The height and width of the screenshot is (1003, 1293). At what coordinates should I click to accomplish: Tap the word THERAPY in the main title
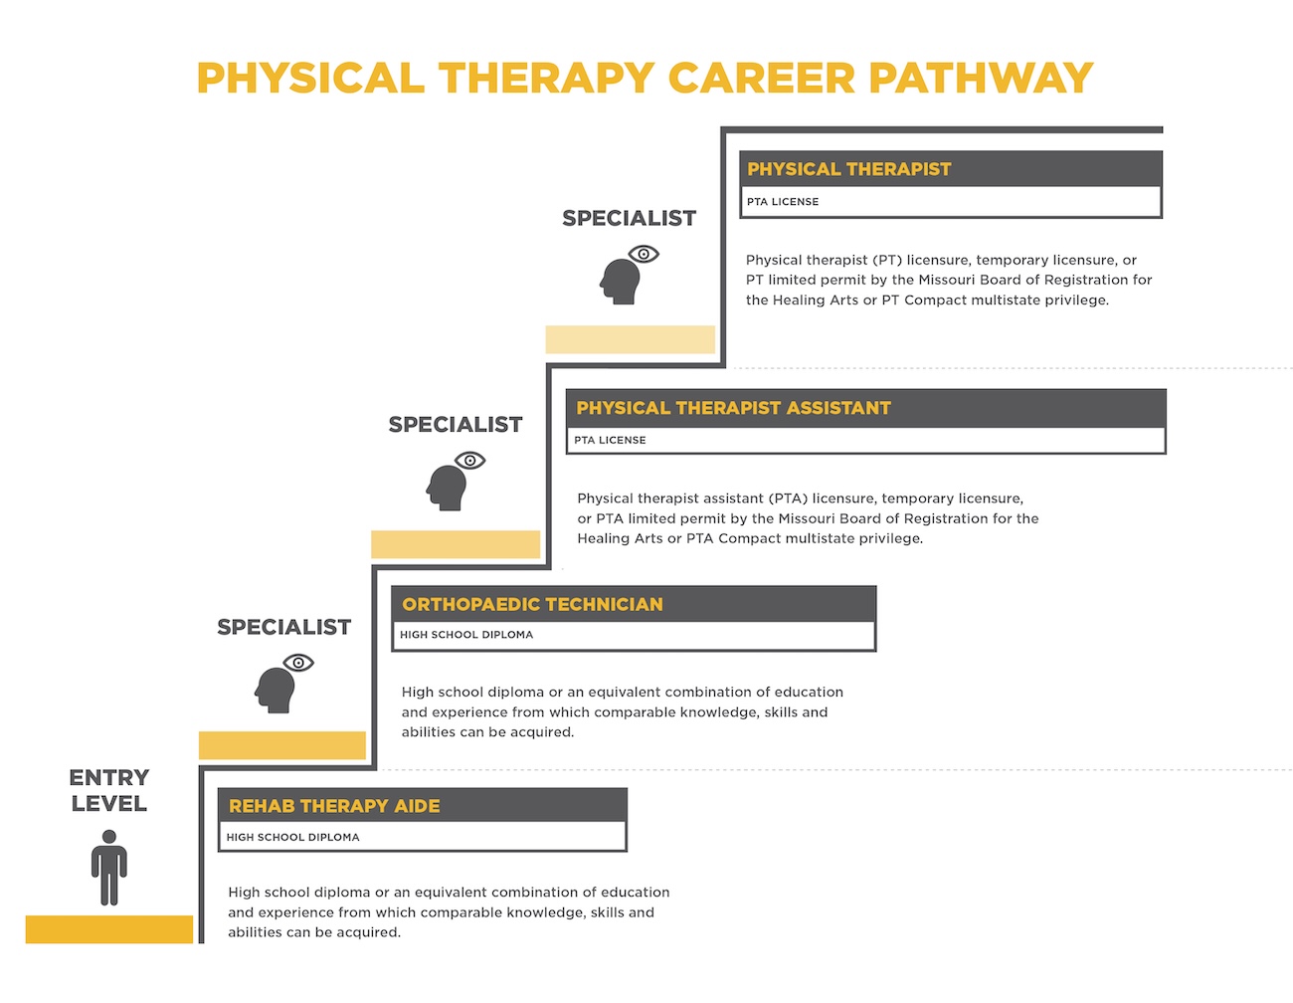click(546, 79)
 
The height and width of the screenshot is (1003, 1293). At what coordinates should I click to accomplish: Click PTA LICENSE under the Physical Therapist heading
click(783, 202)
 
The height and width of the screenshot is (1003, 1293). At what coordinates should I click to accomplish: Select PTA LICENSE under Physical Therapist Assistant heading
click(610, 440)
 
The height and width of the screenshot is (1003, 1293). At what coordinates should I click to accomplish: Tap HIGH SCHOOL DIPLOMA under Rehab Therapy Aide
click(292, 837)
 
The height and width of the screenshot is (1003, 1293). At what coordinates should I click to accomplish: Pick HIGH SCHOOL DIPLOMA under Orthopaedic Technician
click(466, 635)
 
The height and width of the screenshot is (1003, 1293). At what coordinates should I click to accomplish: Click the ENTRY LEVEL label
click(109, 790)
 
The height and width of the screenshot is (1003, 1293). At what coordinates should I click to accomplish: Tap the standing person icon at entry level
click(109, 867)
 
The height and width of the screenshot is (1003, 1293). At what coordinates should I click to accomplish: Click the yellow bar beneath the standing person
click(109, 928)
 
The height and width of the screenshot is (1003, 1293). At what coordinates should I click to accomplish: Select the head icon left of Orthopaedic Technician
click(275, 689)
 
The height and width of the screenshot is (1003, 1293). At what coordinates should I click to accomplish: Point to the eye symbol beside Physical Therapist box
click(645, 254)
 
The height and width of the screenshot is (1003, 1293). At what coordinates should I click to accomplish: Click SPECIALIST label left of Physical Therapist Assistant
click(456, 425)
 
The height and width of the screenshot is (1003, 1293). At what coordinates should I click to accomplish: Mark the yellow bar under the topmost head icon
click(630, 339)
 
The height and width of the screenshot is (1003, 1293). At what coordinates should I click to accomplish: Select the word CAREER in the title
click(761, 79)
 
